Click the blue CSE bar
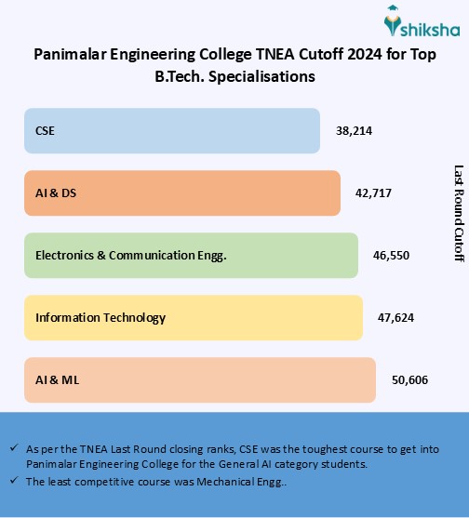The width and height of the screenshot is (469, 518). pyautogui.click(x=171, y=131)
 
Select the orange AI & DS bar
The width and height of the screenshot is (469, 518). pyautogui.click(x=182, y=193)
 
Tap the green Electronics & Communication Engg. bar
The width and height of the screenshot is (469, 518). pyautogui.click(x=191, y=255)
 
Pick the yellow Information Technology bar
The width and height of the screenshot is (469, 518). pyautogui.click(x=193, y=317)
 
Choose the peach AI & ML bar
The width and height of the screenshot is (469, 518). pyautogui.click(x=199, y=379)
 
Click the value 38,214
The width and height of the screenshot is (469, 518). pyautogui.click(x=354, y=132)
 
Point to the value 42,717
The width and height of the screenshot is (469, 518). pyautogui.click(x=374, y=193)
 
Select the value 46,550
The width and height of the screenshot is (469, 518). pyautogui.click(x=391, y=255)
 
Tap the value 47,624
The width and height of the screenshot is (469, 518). pyautogui.click(x=395, y=317)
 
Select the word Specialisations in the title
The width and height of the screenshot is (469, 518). pyautogui.click(x=263, y=76)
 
